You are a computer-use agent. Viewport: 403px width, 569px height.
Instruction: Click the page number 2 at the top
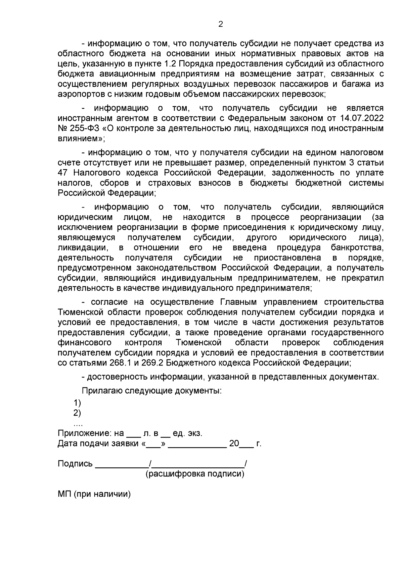221,24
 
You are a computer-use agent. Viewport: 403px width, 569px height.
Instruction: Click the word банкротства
357,248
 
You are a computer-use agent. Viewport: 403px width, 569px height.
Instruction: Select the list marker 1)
77,403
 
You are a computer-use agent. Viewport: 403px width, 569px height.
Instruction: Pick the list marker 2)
77,413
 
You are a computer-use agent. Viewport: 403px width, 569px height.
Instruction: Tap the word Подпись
75,464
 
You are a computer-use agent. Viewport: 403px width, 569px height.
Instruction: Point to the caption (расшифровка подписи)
195,474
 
